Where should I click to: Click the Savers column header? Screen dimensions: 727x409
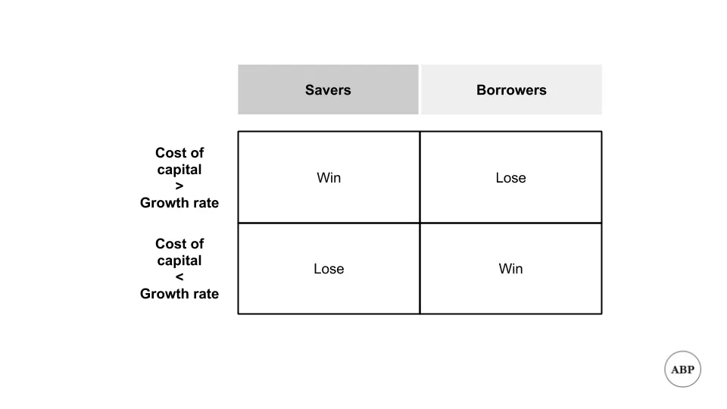click(x=328, y=89)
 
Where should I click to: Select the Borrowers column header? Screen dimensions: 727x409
click(x=511, y=89)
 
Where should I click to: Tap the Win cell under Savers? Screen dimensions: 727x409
click(x=329, y=177)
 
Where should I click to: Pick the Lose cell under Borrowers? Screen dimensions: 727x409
click(x=511, y=177)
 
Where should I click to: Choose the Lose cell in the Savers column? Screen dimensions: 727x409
click(x=329, y=268)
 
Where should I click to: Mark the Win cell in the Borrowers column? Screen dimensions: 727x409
click(x=511, y=268)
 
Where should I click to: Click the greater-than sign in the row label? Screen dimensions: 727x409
click(x=179, y=186)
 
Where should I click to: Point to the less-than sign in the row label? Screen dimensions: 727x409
click(x=179, y=277)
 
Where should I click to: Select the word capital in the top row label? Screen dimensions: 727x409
click(x=179, y=170)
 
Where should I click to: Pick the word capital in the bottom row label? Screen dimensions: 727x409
click(x=179, y=261)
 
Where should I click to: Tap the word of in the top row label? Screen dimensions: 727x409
click(x=195, y=152)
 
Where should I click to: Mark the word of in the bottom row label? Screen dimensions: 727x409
click(x=195, y=243)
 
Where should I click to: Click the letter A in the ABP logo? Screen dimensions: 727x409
click(x=675, y=370)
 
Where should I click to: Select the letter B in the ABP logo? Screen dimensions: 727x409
click(x=683, y=370)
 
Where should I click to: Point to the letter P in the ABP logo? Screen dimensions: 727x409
click(x=691, y=370)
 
